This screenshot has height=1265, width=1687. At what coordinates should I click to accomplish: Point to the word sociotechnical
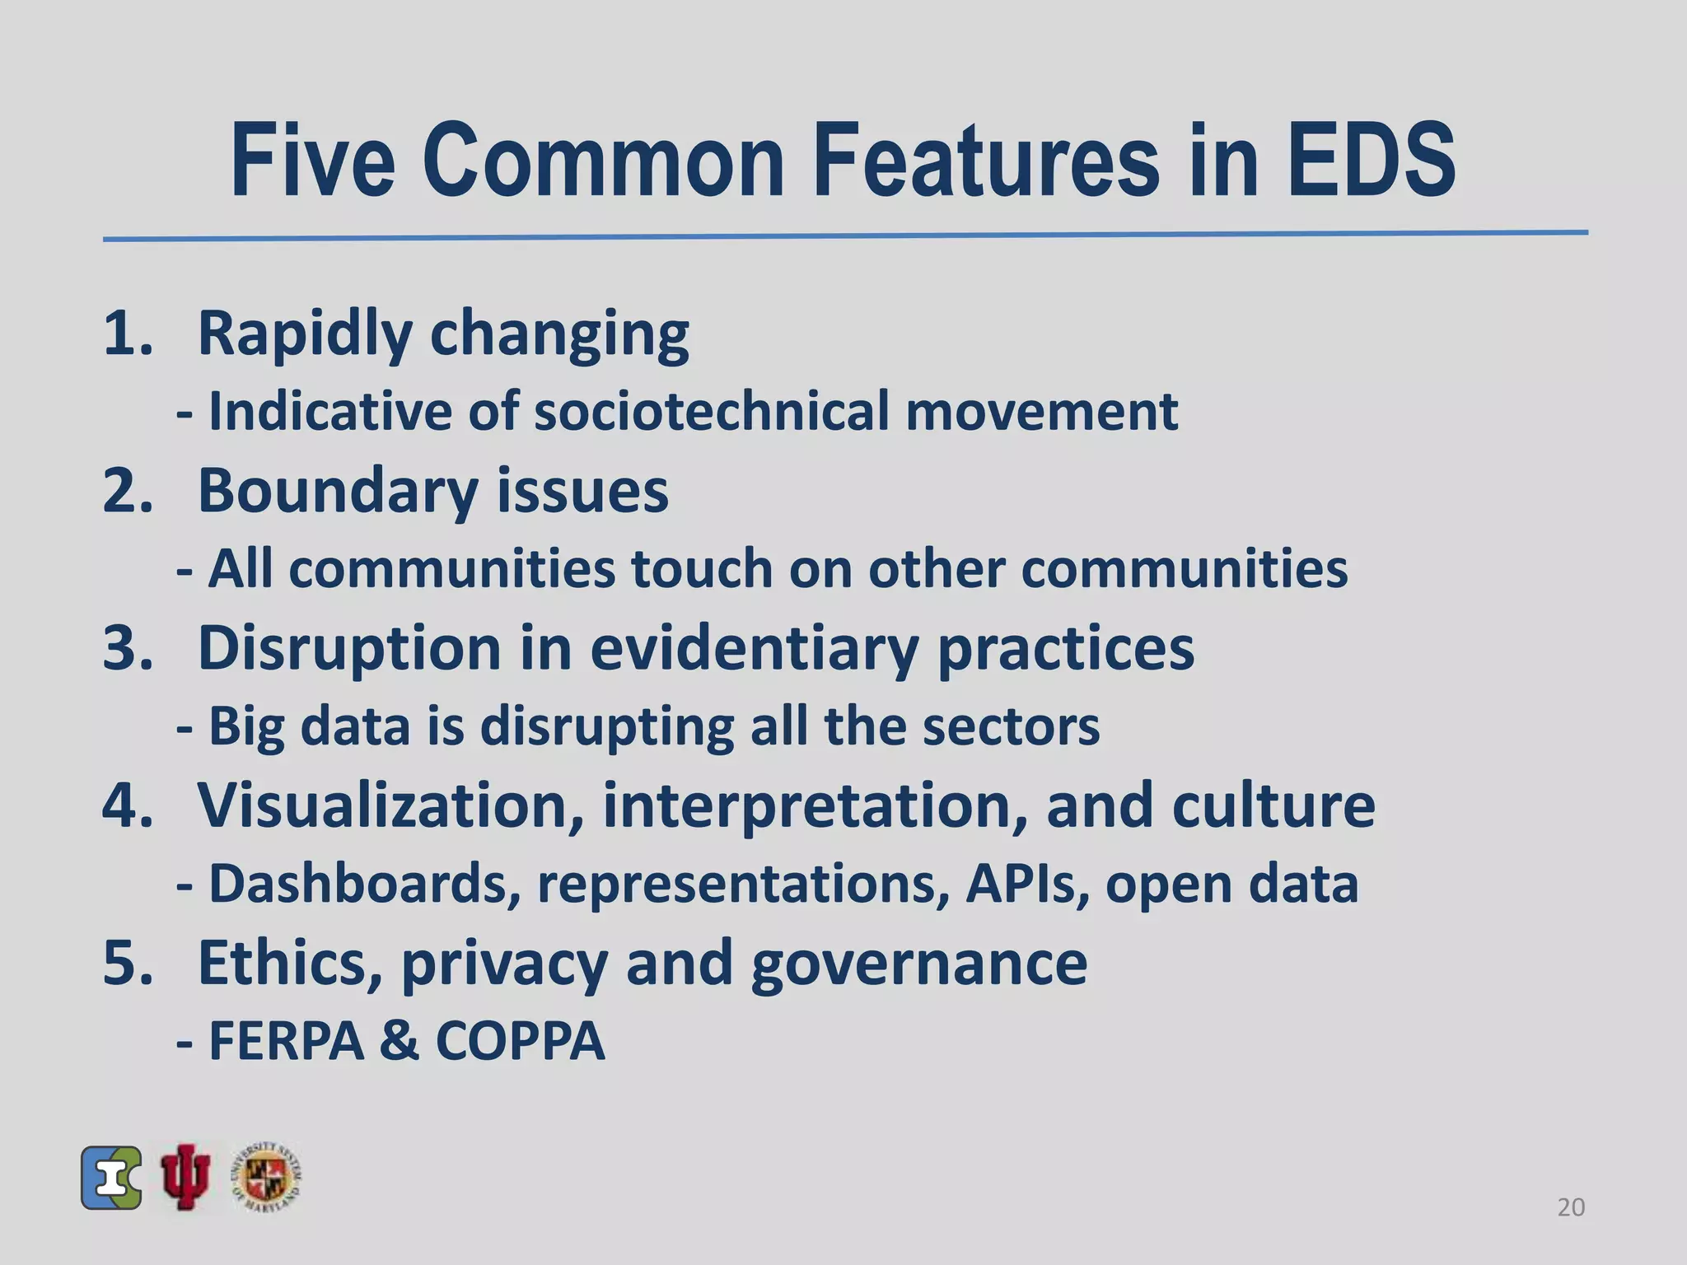(x=712, y=410)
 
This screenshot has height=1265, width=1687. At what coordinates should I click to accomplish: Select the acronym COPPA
(x=520, y=1041)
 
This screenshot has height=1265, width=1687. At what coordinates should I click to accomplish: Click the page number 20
(x=1571, y=1207)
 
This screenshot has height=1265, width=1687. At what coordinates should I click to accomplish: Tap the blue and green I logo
(x=111, y=1178)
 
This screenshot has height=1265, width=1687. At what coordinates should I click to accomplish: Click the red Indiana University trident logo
(x=186, y=1177)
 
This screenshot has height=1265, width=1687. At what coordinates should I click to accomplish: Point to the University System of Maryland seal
(x=266, y=1177)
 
